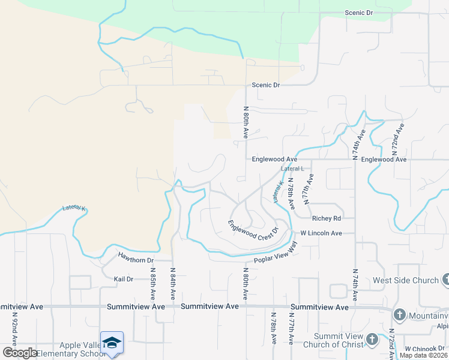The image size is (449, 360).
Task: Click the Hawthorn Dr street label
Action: [136, 260]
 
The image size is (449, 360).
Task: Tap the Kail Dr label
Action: [123, 279]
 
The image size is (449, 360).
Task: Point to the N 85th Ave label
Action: [152, 284]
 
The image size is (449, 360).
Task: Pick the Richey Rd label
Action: [327, 218]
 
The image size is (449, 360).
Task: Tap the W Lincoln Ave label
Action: [321, 233]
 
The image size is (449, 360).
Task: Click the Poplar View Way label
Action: [276, 251]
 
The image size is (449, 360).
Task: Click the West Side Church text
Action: [406, 280]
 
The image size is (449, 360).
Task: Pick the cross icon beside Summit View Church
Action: [372, 340]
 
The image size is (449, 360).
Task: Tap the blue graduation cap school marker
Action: [112, 343]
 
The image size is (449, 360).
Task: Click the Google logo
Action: [20, 352]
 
